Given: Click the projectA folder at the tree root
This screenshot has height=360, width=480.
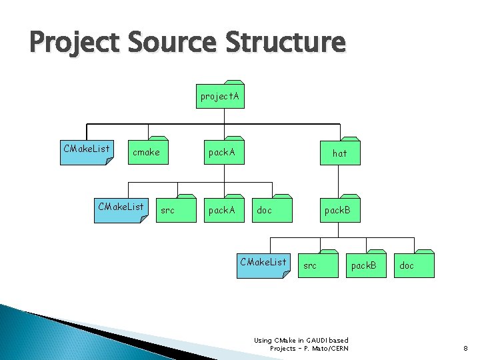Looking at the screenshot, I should (220, 97).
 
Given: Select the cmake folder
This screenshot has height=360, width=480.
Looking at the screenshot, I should (147, 153).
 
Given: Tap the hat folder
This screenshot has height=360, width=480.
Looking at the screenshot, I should (340, 153).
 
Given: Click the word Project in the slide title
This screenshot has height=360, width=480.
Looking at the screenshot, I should (74, 43).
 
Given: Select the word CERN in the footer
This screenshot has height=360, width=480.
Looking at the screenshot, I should (337, 348).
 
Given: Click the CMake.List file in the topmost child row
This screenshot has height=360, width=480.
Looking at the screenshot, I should (87, 150).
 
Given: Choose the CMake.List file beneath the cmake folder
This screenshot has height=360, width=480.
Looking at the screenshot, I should (121, 208).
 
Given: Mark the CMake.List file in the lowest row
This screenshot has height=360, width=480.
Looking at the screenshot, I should (263, 263).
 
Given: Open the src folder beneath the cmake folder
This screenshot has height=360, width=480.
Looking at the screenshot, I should (168, 210).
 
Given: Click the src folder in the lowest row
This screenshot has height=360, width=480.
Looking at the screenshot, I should (311, 265).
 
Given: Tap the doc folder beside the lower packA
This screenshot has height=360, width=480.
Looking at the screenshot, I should (265, 210).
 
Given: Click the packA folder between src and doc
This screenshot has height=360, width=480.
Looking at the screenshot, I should (222, 210).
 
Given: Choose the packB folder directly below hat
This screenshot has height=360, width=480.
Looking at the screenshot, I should (337, 210).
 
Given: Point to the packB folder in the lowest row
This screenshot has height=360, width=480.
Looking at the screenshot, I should (364, 265).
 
